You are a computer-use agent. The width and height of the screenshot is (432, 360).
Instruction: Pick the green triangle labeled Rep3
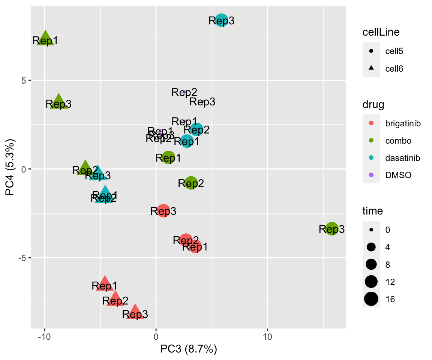[x=58, y=102]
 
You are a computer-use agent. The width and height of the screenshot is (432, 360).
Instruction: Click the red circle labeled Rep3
[x=163, y=211]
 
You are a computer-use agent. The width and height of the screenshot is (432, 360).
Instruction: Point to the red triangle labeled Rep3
[x=135, y=312]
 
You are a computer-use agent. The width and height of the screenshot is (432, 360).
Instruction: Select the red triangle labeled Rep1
[x=105, y=284]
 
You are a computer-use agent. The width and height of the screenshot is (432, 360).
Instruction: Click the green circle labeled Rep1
[x=168, y=157]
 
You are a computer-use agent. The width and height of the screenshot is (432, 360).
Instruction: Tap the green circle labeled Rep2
[x=191, y=183]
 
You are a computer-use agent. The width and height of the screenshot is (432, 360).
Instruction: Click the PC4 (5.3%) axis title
[x=10, y=169]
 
